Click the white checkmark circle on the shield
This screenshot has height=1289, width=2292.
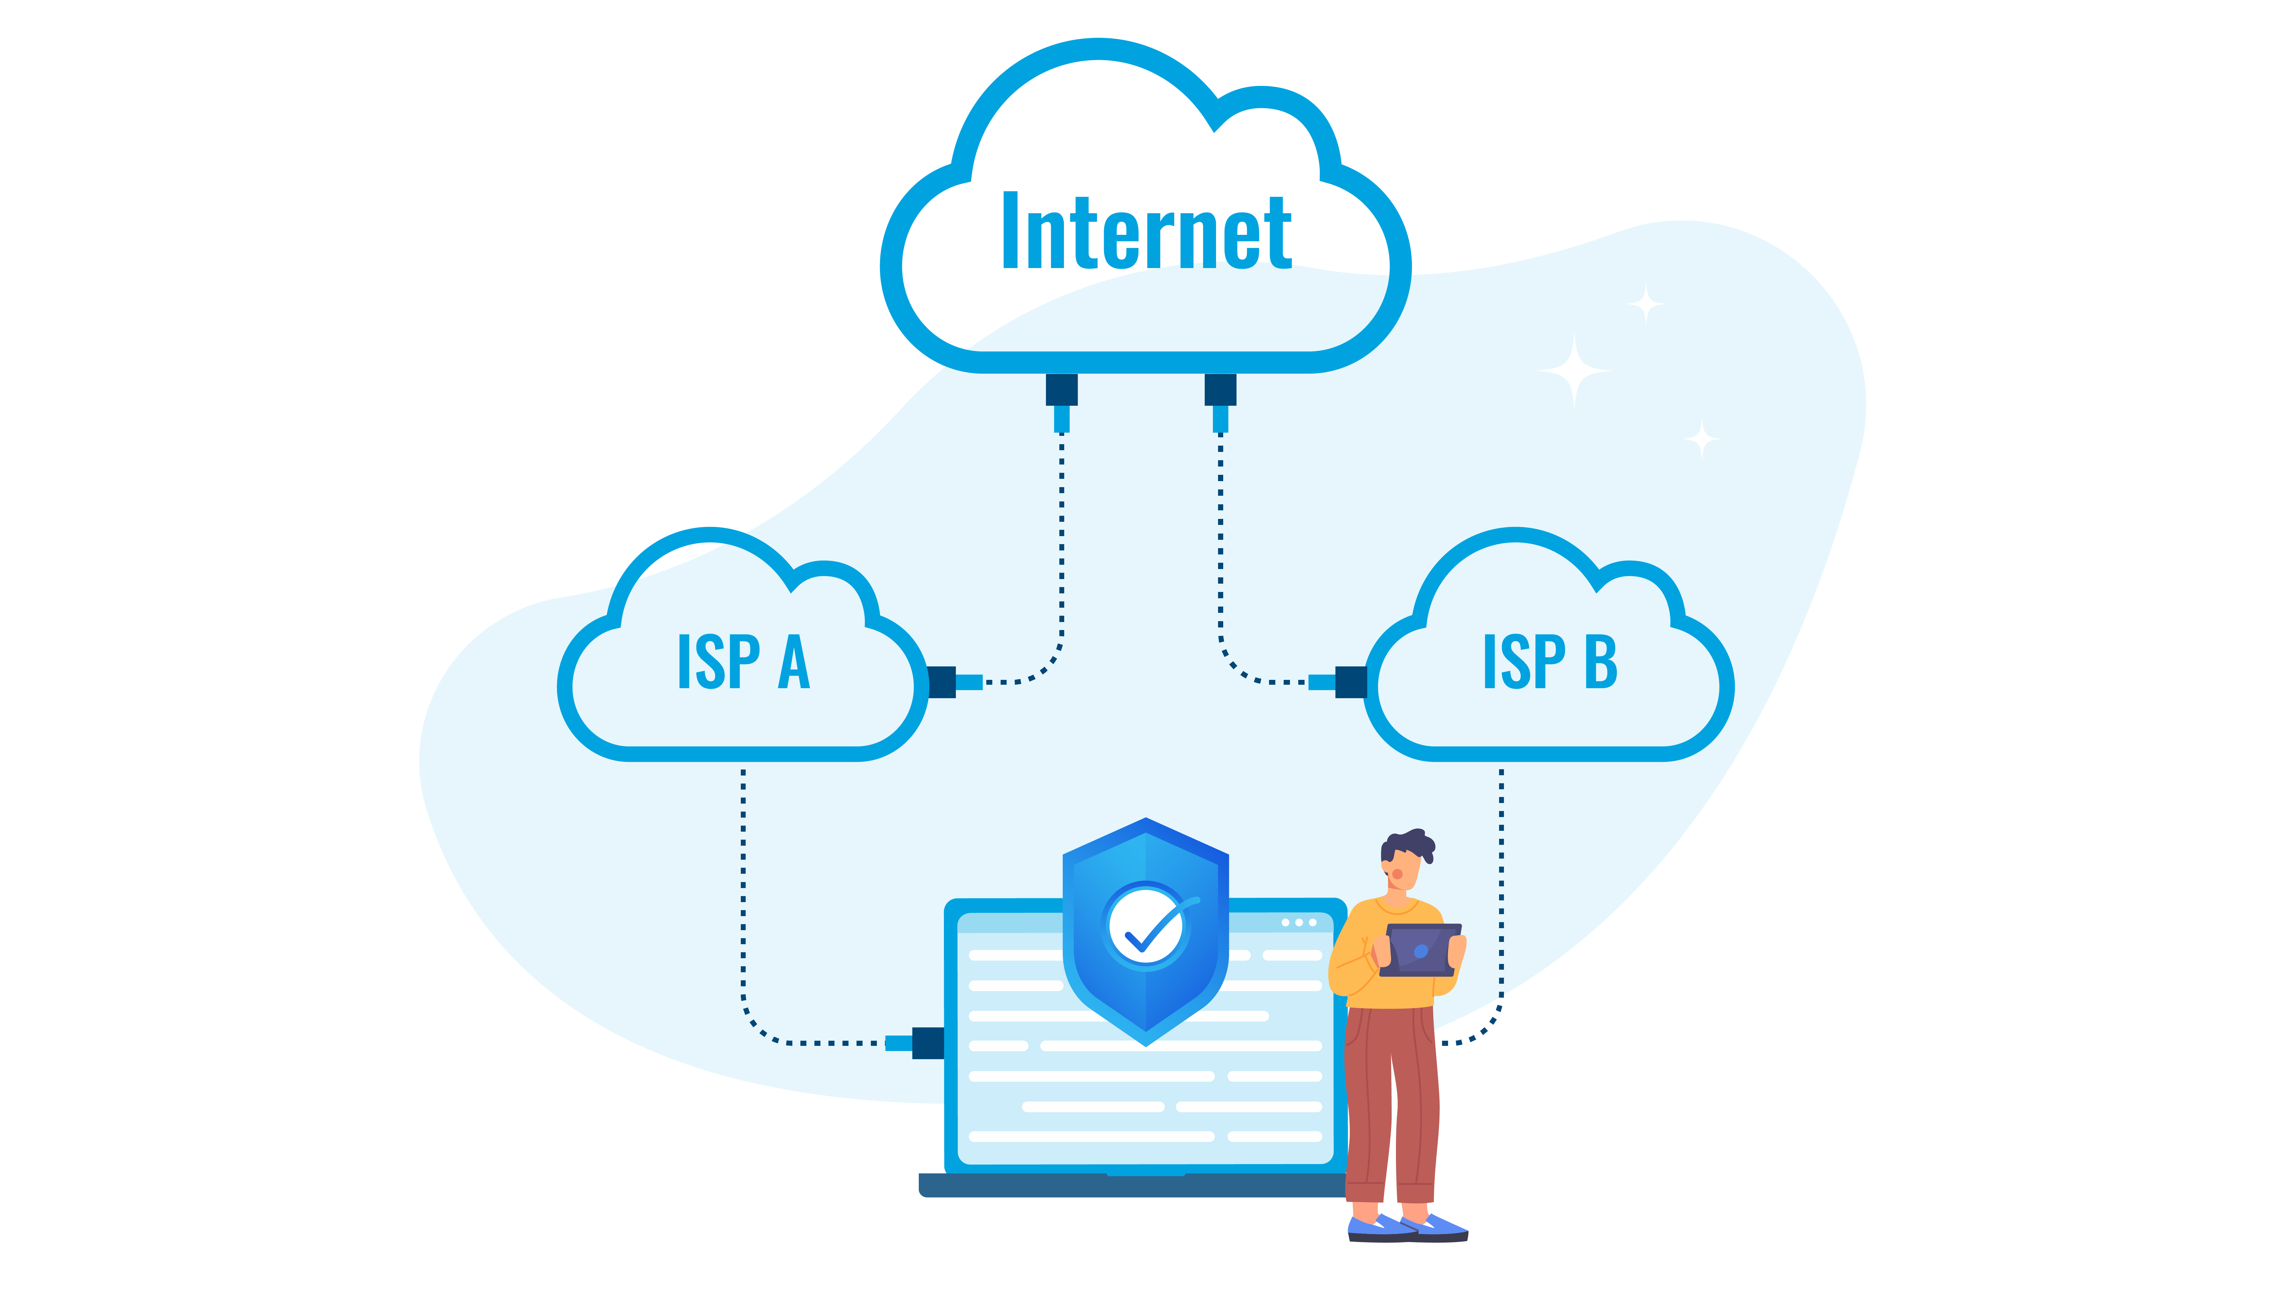pos(1146,927)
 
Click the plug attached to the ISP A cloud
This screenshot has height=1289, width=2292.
pos(952,682)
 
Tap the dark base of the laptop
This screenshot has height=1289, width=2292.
pos(1130,1186)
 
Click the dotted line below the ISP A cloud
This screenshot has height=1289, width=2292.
pos(744,889)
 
